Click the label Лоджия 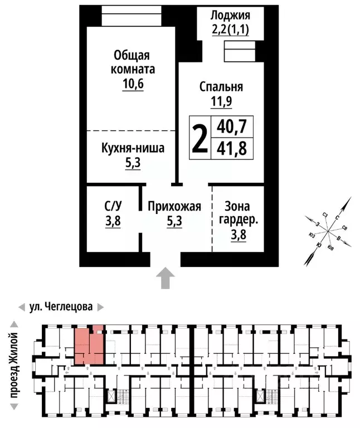coord(230,16)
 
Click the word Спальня coord(221,86)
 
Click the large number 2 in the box coord(200,138)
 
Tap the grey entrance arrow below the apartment coord(166,278)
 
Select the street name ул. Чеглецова coord(60,307)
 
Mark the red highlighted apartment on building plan coord(89,346)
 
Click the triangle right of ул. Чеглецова coord(100,307)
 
